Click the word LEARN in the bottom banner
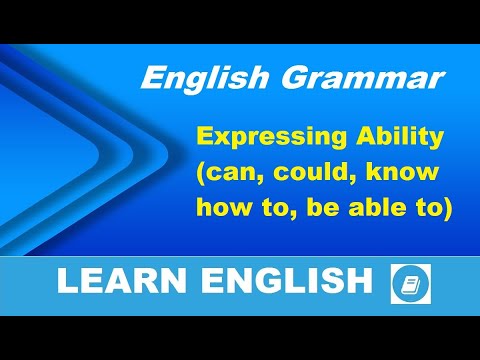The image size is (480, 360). pyautogui.click(x=111, y=282)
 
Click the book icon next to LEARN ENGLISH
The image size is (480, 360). pyautogui.click(x=411, y=283)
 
